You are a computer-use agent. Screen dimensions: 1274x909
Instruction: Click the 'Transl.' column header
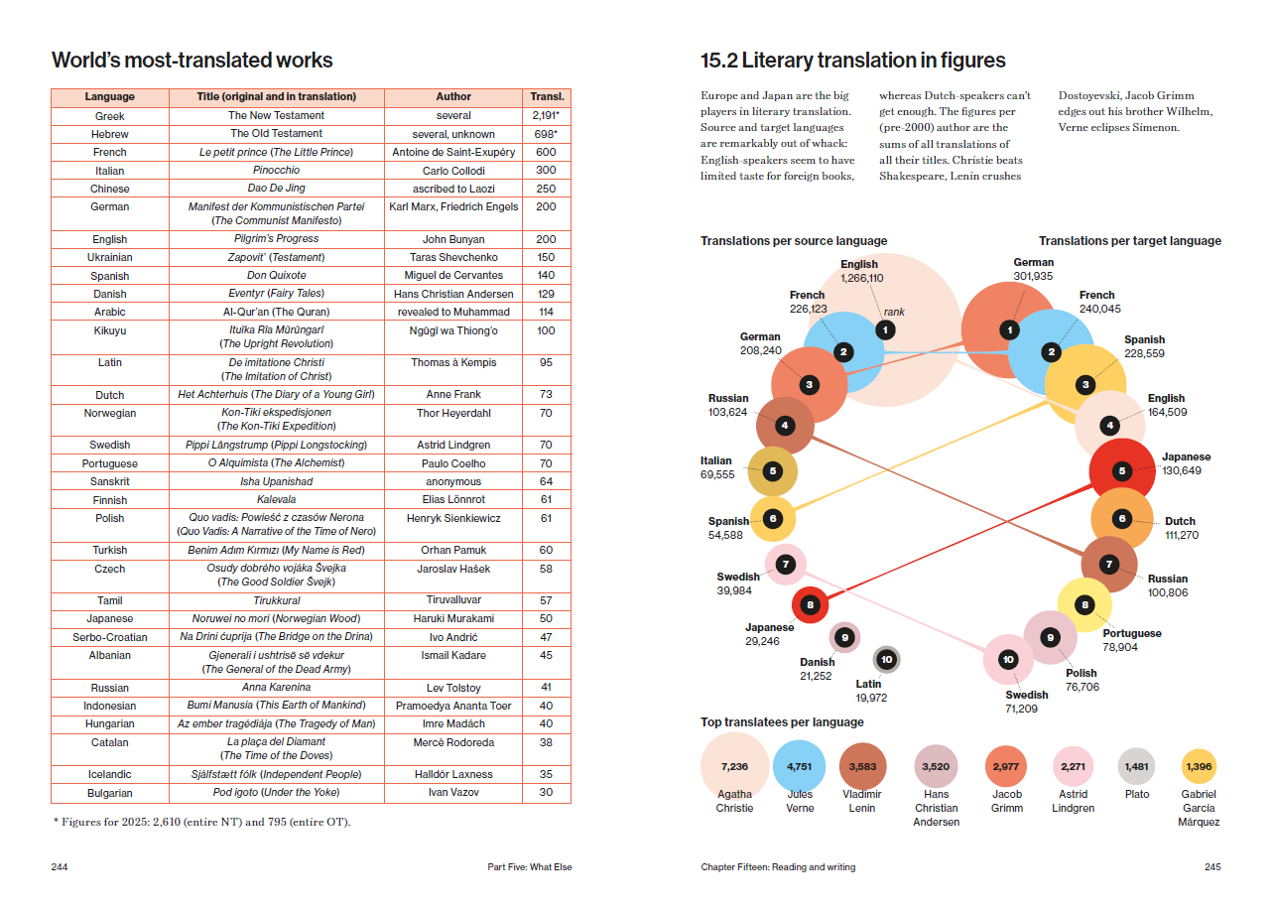pyautogui.click(x=547, y=96)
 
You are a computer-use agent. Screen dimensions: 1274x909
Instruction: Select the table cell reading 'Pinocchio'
pyautogui.click(x=277, y=170)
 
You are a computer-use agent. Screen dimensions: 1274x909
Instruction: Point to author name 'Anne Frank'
pyautogui.click(x=453, y=394)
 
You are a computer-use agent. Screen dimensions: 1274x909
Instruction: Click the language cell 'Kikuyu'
pyautogui.click(x=110, y=330)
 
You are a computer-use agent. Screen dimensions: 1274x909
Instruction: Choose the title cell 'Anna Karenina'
pyautogui.click(x=277, y=687)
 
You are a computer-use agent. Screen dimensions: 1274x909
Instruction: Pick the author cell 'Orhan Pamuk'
pyautogui.click(x=453, y=550)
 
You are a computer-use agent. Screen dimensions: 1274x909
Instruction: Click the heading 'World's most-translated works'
pyautogui.click(x=191, y=61)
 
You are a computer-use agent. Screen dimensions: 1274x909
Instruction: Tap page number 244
pyautogui.click(x=60, y=867)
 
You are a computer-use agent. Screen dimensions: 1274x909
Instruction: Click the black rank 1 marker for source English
pyautogui.click(x=885, y=329)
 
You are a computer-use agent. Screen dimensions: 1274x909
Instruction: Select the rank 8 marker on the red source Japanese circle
pyautogui.click(x=810, y=604)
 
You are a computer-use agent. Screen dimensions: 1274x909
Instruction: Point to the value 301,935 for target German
pyautogui.click(x=1033, y=277)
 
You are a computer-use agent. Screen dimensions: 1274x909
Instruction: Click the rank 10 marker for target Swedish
pyautogui.click(x=1008, y=659)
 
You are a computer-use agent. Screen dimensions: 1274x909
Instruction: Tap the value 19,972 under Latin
pyautogui.click(x=871, y=698)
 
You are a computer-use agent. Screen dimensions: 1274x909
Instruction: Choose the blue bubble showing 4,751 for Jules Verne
pyautogui.click(x=799, y=766)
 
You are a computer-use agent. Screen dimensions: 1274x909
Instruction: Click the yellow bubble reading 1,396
pyautogui.click(x=1199, y=766)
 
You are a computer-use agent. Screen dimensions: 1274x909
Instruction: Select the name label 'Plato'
pyautogui.click(x=1137, y=794)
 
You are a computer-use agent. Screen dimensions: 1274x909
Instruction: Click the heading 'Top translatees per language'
pyautogui.click(x=782, y=721)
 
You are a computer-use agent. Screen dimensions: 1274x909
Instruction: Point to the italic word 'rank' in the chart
pyautogui.click(x=894, y=312)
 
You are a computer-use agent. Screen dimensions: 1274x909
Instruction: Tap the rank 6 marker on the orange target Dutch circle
pyautogui.click(x=1122, y=518)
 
